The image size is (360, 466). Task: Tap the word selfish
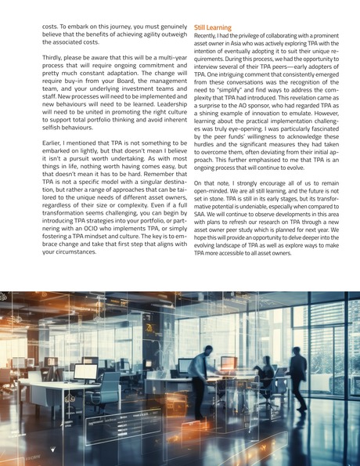53,127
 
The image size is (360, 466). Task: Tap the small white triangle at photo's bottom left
53,450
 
